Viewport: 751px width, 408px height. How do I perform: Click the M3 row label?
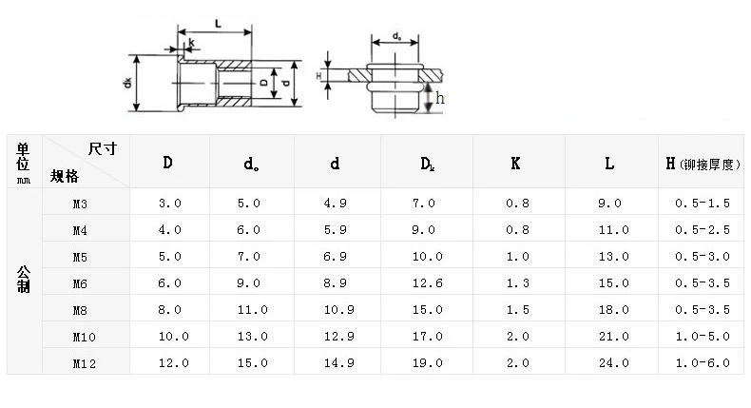point(80,204)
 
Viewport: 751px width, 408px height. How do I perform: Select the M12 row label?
point(85,364)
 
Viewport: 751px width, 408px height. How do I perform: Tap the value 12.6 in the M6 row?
point(427,283)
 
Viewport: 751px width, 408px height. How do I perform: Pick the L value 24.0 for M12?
point(613,363)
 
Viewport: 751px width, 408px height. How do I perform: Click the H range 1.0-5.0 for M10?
point(703,337)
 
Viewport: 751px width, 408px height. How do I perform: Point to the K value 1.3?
point(518,283)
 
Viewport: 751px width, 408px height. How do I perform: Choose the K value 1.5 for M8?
point(518,310)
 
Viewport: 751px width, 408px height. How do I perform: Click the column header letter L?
point(609,164)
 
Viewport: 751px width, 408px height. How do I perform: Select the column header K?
point(515,164)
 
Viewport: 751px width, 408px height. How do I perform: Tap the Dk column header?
point(427,164)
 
